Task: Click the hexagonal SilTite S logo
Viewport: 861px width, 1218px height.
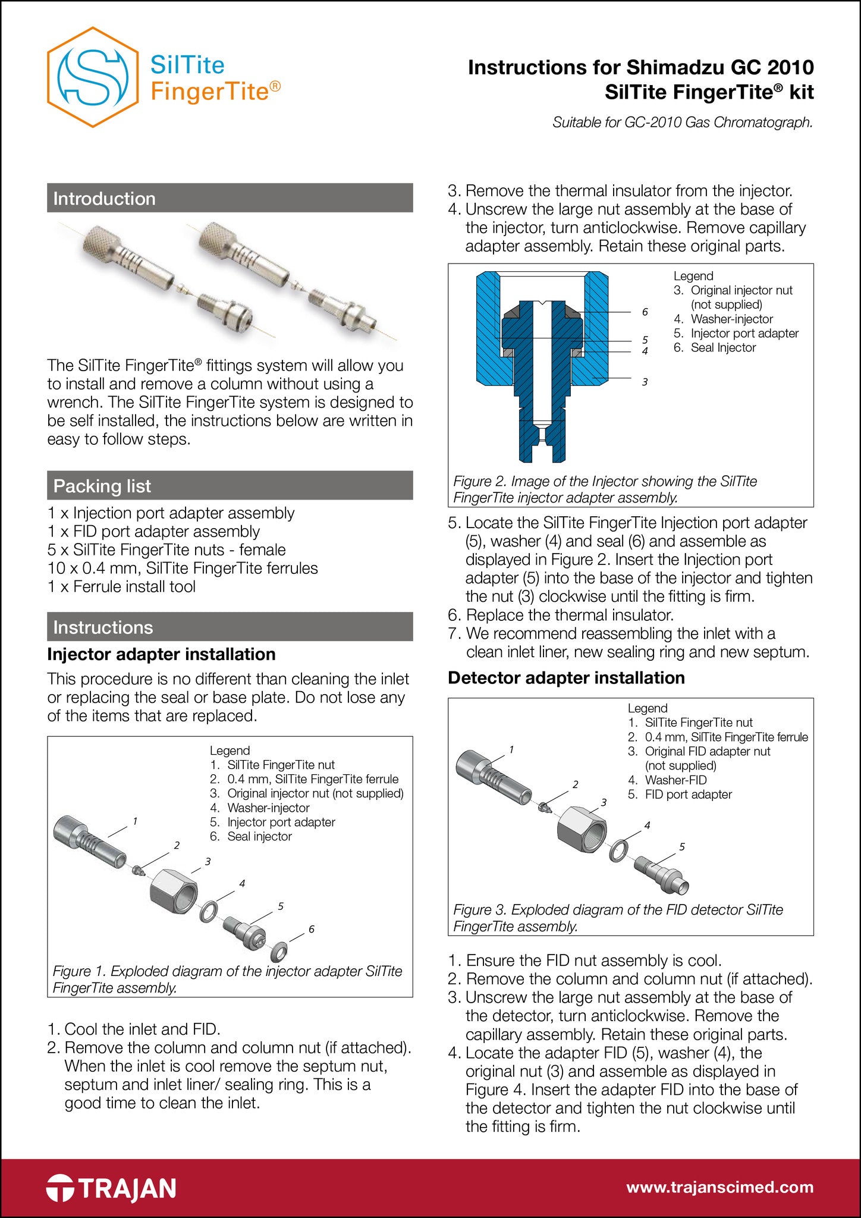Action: [x=92, y=77]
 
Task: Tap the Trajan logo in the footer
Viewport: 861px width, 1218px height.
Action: [x=111, y=1188]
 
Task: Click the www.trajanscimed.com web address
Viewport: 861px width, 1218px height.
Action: [x=720, y=1187]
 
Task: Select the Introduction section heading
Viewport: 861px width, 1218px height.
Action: [x=105, y=198]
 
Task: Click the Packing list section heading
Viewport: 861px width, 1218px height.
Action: [x=102, y=486]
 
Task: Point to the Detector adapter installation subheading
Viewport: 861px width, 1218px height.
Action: [x=566, y=677]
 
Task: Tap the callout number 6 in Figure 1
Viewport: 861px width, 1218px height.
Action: [x=311, y=929]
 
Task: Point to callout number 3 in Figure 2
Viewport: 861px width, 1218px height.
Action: [x=645, y=382]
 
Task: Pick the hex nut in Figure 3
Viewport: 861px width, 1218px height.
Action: [x=582, y=829]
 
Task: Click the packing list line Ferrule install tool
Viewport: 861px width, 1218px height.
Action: [x=121, y=586]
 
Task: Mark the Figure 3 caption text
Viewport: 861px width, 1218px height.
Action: [x=618, y=918]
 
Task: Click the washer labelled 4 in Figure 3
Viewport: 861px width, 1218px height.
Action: [x=618, y=850]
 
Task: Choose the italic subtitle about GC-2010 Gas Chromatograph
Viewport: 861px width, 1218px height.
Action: [x=683, y=123]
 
